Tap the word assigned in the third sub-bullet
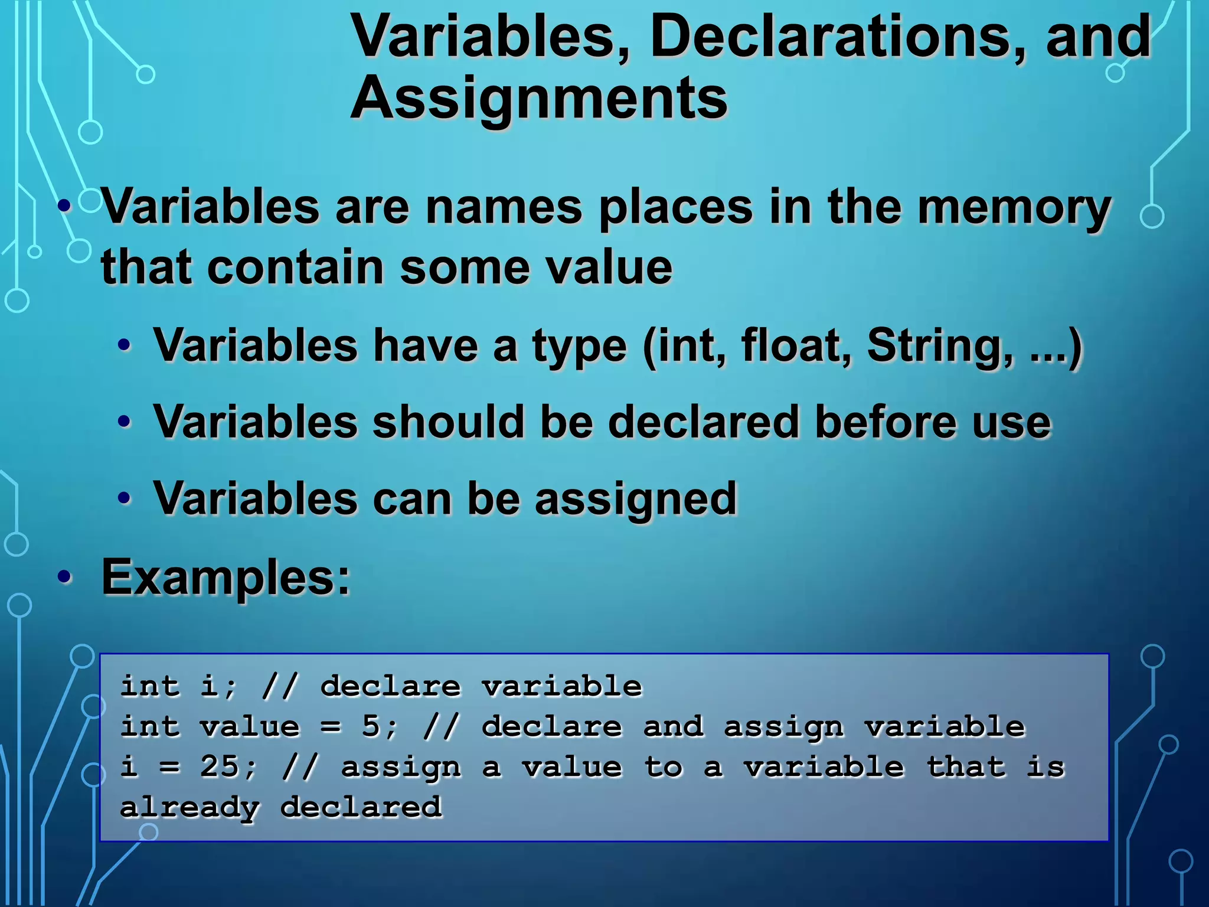pos(636,500)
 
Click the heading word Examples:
pos(226,577)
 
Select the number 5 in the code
pos(371,726)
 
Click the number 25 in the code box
pos(220,767)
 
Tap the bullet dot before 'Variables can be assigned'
pos(124,499)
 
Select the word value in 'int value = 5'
pos(249,726)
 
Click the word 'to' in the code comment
pos(664,767)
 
